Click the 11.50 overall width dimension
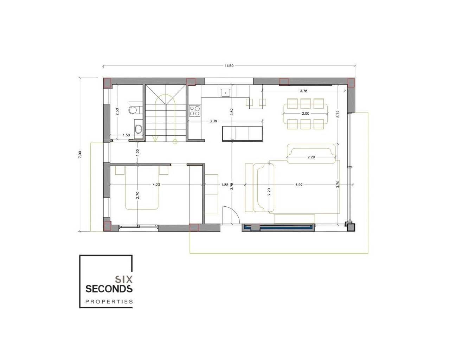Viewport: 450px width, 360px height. pos(229,66)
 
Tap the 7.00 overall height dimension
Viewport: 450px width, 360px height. pos(80,154)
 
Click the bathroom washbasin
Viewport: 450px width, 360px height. pos(139,129)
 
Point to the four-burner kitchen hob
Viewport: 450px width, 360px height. pos(195,111)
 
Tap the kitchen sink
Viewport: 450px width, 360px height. pos(225,92)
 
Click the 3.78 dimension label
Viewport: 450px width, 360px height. pos(303,91)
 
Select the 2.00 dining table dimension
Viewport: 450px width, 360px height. pos(306,113)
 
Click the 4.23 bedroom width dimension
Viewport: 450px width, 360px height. pos(156,185)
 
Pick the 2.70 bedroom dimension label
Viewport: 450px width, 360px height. pos(137,195)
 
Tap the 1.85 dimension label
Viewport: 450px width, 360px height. pos(225,185)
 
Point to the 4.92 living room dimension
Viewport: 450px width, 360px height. pos(299,185)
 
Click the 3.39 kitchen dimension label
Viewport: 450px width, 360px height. pos(213,121)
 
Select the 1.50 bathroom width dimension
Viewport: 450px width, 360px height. pos(126,135)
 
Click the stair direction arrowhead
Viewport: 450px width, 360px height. pos(155,139)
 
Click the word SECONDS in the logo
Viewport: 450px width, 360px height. pos(109,289)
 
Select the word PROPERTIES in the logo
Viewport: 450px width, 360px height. pos(109,302)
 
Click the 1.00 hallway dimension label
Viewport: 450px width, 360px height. pos(137,153)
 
